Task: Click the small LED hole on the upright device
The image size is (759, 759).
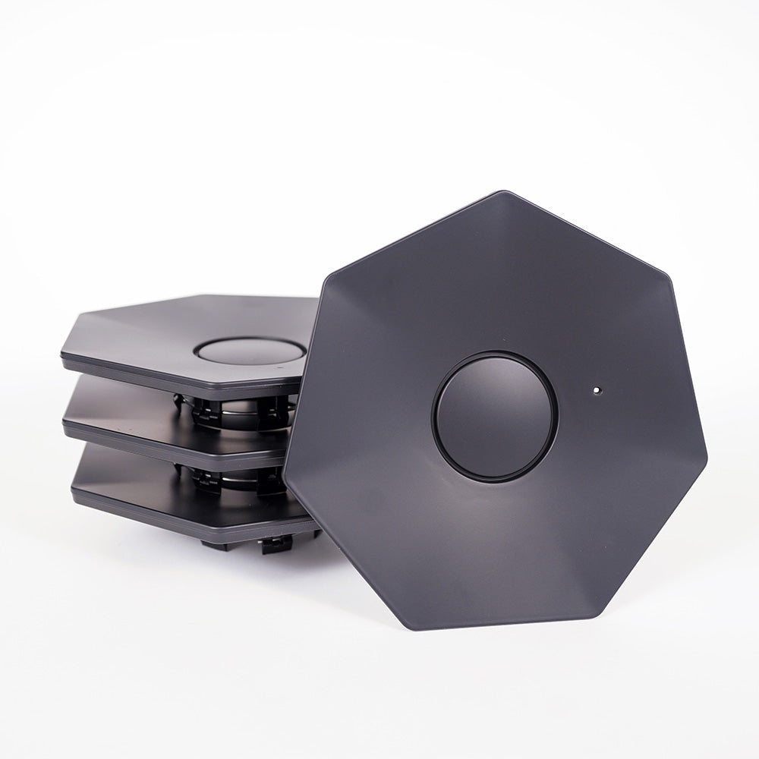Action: (597, 391)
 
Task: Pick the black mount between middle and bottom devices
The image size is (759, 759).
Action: (235, 477)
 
